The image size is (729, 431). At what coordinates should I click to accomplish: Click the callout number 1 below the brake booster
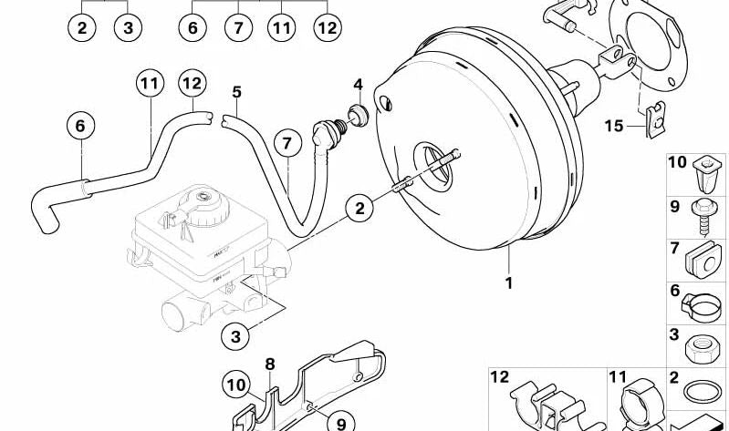(x=508, y=282)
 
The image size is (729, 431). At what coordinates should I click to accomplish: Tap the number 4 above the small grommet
(x=358, y=85)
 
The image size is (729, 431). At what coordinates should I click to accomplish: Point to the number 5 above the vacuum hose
(x=236, y=92)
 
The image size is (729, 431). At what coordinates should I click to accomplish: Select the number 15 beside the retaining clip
(x=614, y=126)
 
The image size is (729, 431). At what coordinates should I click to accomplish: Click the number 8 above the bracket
(x=270, y=364)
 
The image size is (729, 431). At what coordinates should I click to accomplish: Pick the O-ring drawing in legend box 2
(x=703, y=392)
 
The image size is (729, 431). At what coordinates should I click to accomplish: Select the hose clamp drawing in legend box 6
(x=701, y=307)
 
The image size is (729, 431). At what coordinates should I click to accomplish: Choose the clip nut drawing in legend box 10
(x=707, y=174)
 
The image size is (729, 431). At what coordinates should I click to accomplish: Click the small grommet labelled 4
(x=359, y=115)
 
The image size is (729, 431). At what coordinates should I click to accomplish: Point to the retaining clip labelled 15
(x=654, y=121)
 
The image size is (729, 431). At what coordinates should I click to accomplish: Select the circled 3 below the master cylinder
(x=235, y=336)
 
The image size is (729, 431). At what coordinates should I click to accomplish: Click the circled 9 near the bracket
(x=341, y=422)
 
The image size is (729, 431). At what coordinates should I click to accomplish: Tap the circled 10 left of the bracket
(x=236, y=385)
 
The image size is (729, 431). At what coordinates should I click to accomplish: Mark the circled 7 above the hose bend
(x=287, y=143)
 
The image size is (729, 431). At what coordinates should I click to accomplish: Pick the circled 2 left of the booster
(x=359, y=208)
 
